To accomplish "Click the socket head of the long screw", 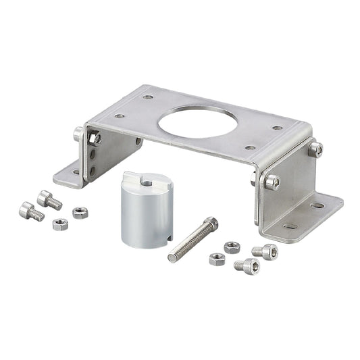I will point(210,222).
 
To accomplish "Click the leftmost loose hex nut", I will point(61,224).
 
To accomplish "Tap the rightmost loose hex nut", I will point(232,247).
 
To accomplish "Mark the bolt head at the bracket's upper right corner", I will point(315,149).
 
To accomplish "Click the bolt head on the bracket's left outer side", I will point(79,133).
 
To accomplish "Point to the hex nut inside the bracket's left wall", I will point(95,139).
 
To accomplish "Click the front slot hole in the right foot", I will point(291,226).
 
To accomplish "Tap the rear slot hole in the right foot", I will point(317,205).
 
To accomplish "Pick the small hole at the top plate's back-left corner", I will point(148,97).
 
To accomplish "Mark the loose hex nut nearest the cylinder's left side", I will point(80,213).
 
